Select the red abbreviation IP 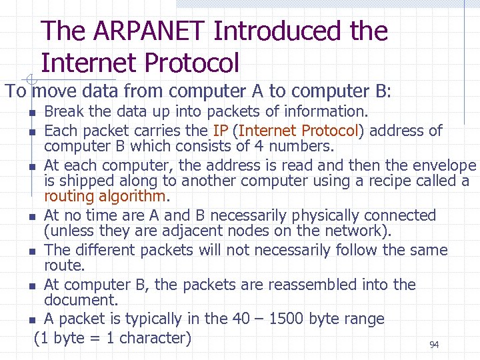[x=221, y=130]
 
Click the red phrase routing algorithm [x=107, y=196]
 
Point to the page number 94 [x=434, y=345]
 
